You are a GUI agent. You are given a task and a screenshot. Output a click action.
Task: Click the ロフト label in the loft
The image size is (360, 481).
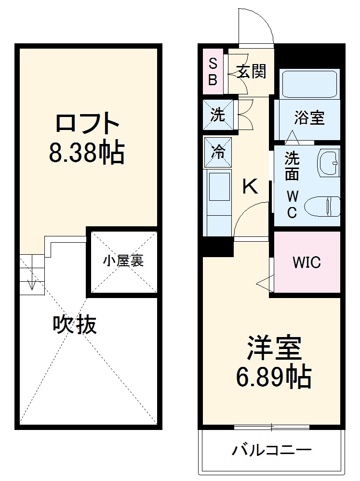(x=87, y=124)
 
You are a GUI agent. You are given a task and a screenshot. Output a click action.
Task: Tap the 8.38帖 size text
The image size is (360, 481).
(x=87, y=153)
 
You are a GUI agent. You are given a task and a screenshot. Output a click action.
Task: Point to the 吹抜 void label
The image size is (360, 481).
(x=75, y=325)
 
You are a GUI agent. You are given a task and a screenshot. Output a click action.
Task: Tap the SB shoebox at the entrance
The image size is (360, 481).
(x=213, y=71)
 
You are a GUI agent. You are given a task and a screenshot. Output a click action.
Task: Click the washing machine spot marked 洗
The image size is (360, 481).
(x=218, y=115)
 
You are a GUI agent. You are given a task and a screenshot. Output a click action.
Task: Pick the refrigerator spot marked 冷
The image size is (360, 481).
(x=218, y=152)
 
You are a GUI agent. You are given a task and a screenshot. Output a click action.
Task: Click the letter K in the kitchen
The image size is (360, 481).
(x=250, y=186)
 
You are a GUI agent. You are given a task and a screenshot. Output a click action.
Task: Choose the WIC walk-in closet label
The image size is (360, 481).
(x=307, y=262)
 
